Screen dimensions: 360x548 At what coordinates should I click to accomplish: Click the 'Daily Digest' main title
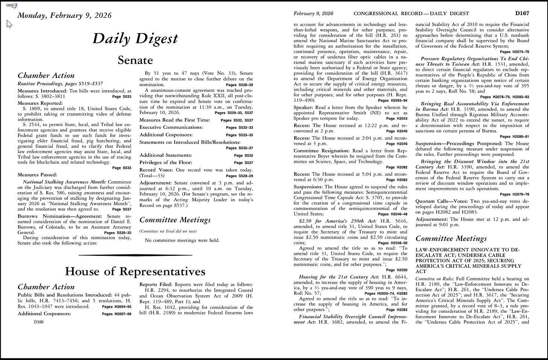[x=135, y=38]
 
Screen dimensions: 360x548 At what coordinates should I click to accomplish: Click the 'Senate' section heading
[x=135, y=60]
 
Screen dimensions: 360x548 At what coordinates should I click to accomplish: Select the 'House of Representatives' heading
[x=135, y=271]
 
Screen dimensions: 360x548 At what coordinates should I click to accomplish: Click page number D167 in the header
[x=522, y=14]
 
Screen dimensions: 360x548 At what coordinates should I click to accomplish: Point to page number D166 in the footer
[x=38, y=322]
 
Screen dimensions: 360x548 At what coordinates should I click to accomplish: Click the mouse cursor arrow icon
[x=9, y=24]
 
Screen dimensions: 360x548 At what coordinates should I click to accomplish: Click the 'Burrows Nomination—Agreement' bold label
[x=60, y=216]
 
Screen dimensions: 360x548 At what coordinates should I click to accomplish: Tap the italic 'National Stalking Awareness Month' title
[x=64, y=182]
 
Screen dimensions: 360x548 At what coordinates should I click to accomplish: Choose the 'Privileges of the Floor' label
[x=166, y=163]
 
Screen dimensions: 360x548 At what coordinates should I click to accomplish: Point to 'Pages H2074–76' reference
[x=515, y=52]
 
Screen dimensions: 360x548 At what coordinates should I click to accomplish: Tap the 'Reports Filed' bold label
[x=156, y=284]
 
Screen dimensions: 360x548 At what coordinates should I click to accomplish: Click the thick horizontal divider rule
[x=135, y=255]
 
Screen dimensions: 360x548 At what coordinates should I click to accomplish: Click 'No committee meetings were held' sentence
[x=182, y=240]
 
